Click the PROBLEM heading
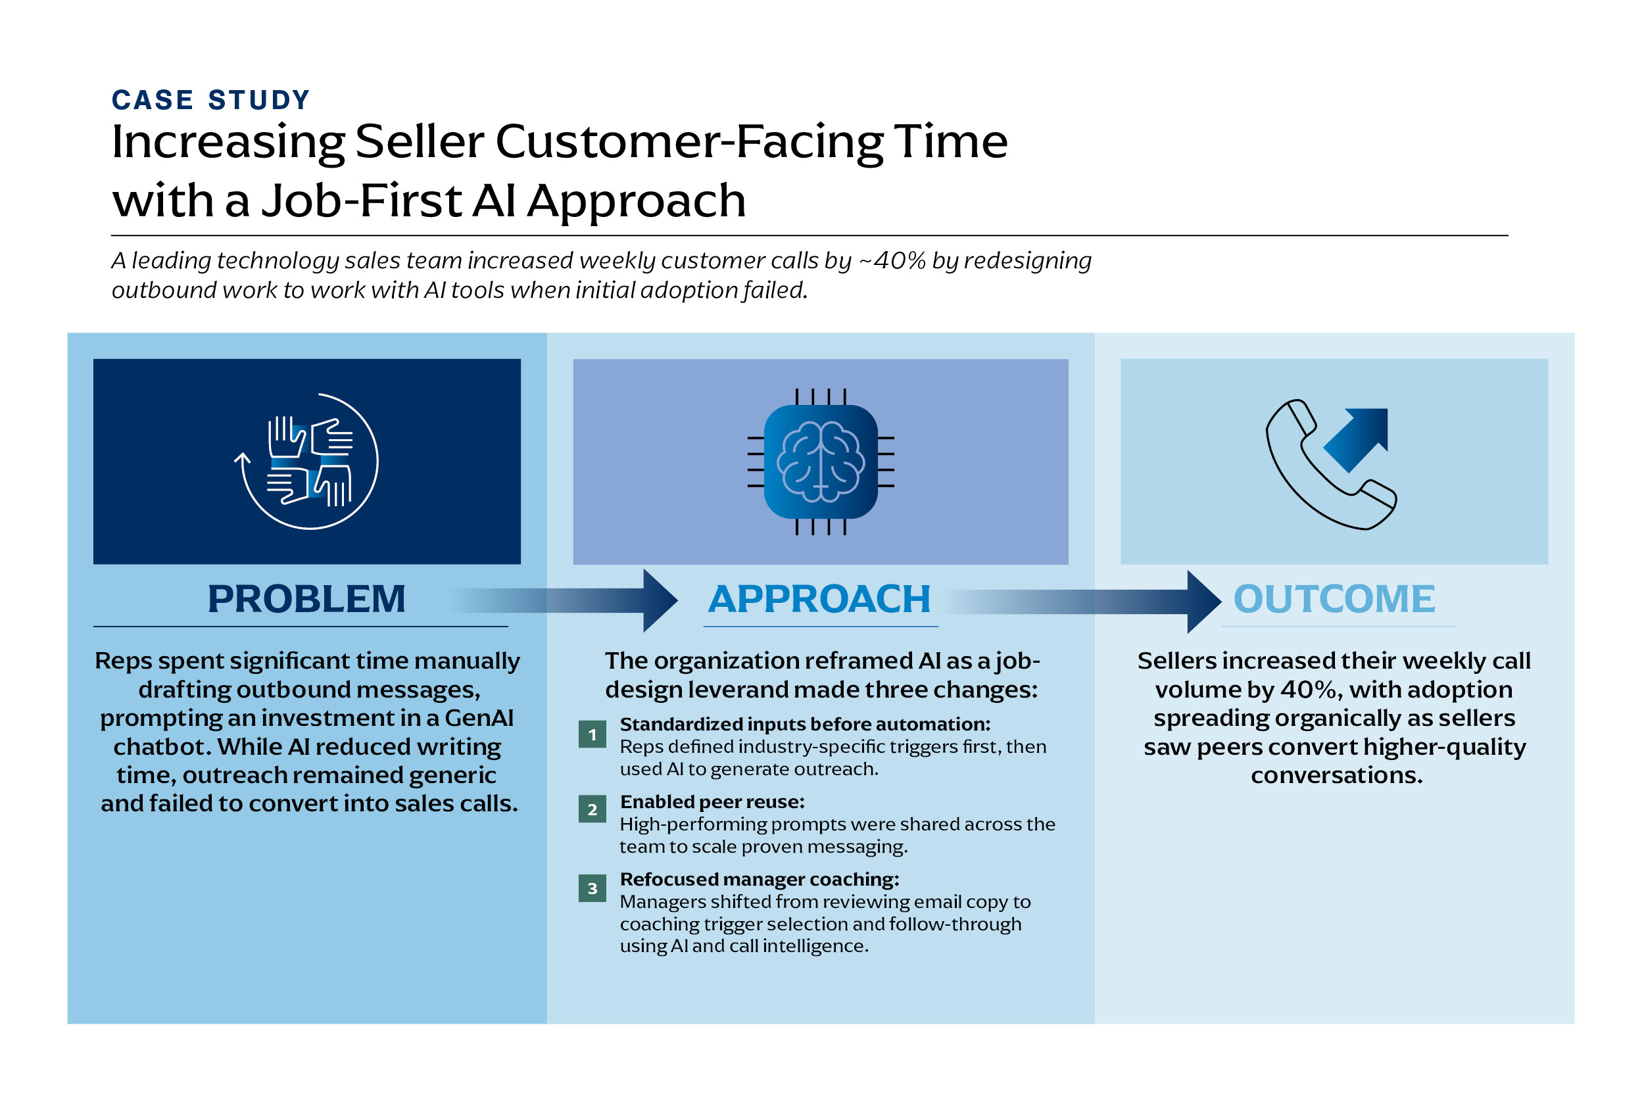coord(306,599)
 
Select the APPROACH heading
coord(819,599)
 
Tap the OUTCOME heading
coord(1334,599)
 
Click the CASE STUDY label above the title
coord(210,100)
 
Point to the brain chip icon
coord(821,462)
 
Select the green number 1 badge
coord(592,734)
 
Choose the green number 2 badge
coord(592,809)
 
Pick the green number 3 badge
coord(592,888)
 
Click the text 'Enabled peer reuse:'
coord(712,801)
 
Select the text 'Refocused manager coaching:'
coord(759,879)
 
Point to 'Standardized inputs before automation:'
coord(805,724)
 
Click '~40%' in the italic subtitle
coord(892,261)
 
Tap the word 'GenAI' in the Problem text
coord(479,719)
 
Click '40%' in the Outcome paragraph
coord(1309,690)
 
